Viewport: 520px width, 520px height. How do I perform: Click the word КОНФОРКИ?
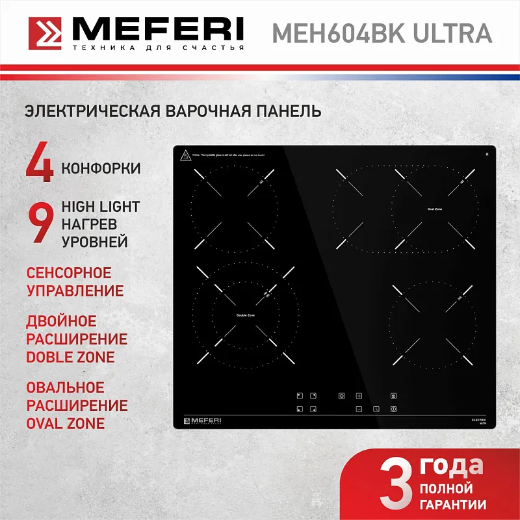point(101,168)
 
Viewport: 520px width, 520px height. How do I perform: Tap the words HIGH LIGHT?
point(101,207)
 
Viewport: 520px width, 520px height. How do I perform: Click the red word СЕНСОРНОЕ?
point(68,273)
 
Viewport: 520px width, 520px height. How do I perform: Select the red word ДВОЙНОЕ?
point(61,322)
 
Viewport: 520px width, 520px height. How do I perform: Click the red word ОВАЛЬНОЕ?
point(65,388)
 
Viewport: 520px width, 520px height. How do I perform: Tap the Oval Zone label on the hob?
point(434,209)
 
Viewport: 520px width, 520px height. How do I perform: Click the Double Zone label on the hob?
point(246,315)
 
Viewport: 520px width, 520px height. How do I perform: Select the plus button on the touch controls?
point(358,395)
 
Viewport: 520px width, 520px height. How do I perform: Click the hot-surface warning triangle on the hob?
point(185,155)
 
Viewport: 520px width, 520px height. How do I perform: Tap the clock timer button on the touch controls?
point(376,409)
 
